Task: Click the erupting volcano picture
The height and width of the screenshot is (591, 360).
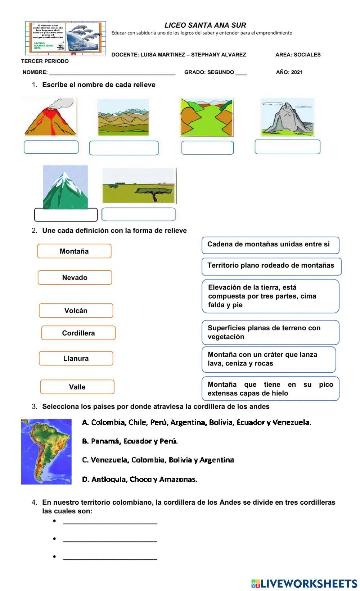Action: coord(50,117)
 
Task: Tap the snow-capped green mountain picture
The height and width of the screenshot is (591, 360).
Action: coord(65,187)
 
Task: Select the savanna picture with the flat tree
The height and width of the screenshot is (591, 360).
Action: coord(139,186)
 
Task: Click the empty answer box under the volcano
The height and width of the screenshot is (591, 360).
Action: coord(51,147)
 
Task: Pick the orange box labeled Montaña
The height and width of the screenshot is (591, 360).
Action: coord(74,251)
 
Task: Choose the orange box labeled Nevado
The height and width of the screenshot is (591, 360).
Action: coord(75,277)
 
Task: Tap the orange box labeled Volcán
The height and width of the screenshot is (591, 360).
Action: coord(76,310)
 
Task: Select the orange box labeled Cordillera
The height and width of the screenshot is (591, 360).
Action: coord(78,333)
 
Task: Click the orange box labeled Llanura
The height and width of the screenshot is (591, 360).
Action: coord(76,358)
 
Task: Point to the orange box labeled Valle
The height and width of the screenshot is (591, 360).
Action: coord(77,387)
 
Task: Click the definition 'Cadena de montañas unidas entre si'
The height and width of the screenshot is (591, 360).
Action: coord(270,245)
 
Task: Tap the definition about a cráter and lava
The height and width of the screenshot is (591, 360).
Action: coord(269,359)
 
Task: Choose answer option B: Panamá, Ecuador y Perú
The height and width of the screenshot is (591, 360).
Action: coord(130,441)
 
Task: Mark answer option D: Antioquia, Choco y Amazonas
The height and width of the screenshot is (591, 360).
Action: coord(140,479)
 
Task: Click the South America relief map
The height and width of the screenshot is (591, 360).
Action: coord(46,451)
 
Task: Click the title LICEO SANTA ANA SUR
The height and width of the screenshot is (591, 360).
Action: coord(205,25)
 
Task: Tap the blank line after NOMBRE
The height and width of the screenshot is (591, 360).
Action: coord(112,73)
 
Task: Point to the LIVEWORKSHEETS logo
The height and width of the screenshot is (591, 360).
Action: coord(304,583)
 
